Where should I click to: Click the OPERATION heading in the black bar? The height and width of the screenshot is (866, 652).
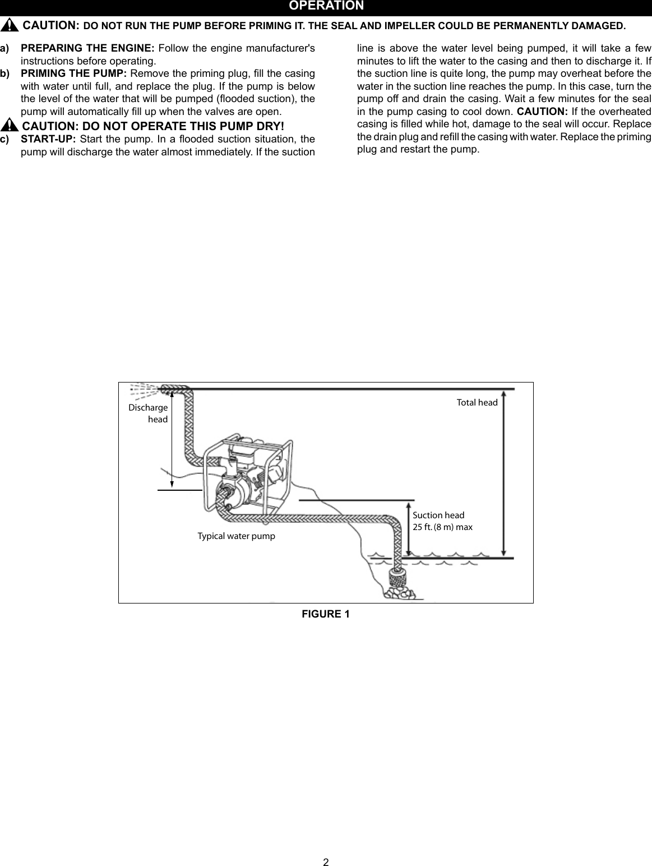(326, 6)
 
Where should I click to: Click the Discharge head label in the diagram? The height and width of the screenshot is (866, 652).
(149, 413)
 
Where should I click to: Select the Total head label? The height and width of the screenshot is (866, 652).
(477, 403)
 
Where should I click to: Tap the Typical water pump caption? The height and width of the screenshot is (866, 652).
(236, 536)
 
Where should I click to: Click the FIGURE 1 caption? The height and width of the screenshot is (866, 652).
(326, 614)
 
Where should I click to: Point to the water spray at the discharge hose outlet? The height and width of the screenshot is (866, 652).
(144, 389)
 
